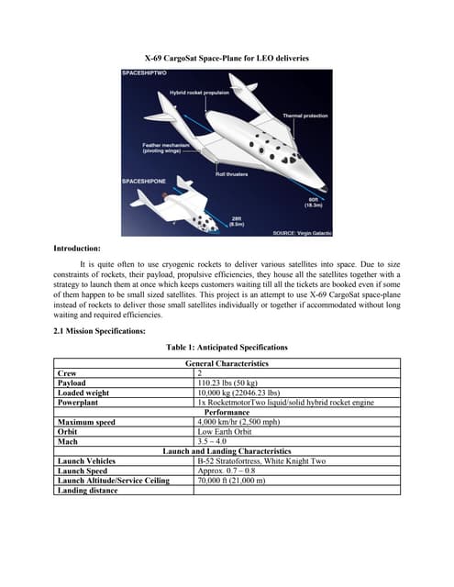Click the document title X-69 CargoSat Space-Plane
227,58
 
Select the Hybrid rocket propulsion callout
198,94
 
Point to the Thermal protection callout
305,116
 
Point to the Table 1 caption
227,348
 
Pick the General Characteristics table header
227,364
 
